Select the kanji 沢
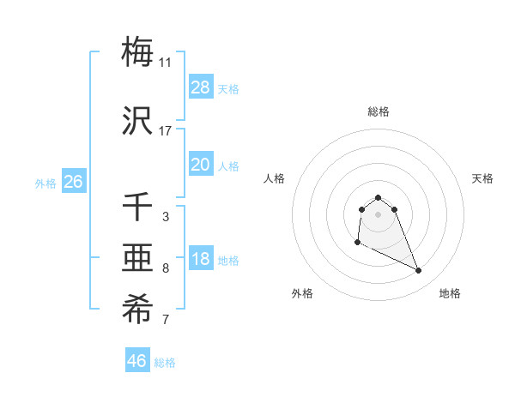138,123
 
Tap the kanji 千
138,208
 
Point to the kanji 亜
138,260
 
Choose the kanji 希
138,310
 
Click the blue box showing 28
201,87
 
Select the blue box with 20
201,164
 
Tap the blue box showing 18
201,259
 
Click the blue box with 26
73,181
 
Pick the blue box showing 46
137,360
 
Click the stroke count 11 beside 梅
166,63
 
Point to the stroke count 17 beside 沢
166,131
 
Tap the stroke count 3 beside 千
166,217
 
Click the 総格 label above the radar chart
379,111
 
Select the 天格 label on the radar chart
483,178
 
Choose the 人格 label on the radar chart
275,178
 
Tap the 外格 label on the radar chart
302,293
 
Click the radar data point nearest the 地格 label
419,271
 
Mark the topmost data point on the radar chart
379,197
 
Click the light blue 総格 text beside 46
165,363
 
